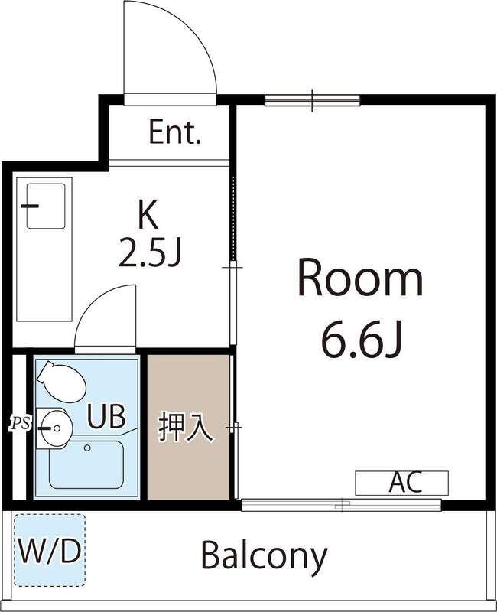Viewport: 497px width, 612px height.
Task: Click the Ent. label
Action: (x=174, y=134)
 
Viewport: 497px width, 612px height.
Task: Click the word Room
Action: (x=359, y=279)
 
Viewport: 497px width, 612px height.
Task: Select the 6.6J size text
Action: (x=359, y=342)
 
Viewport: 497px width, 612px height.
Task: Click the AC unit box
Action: (x=401, y=483)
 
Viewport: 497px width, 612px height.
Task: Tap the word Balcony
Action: (x=264, y=555)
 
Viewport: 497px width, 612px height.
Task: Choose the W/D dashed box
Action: (x=50, y=550)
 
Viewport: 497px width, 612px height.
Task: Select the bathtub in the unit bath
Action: (x=86, y=465)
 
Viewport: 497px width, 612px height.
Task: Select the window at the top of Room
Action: (x=312, y=99)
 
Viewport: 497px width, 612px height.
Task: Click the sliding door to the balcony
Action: (x=341, y=505)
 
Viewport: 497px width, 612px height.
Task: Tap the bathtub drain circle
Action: (x=87, y=448)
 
